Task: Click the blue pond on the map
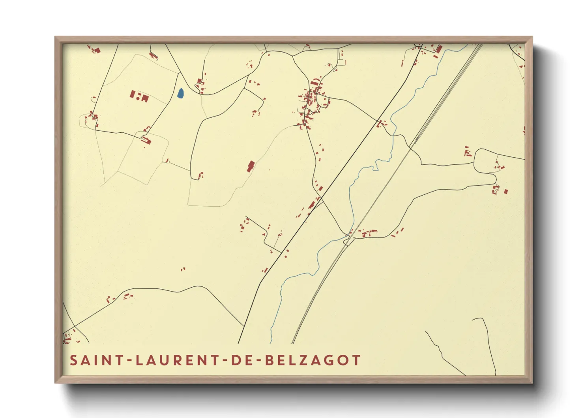point(180,94)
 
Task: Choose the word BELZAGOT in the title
point(313,360)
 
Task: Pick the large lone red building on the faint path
point(250,166)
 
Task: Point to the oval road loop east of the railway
point(485,162)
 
